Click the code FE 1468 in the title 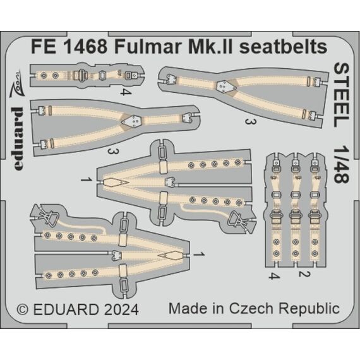click(69, 47)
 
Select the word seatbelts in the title click(283, 47)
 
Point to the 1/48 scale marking click(341, 164)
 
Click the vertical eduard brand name click(18, 138)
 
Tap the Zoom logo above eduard click(16, 83)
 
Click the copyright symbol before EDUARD click(23, 309)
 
